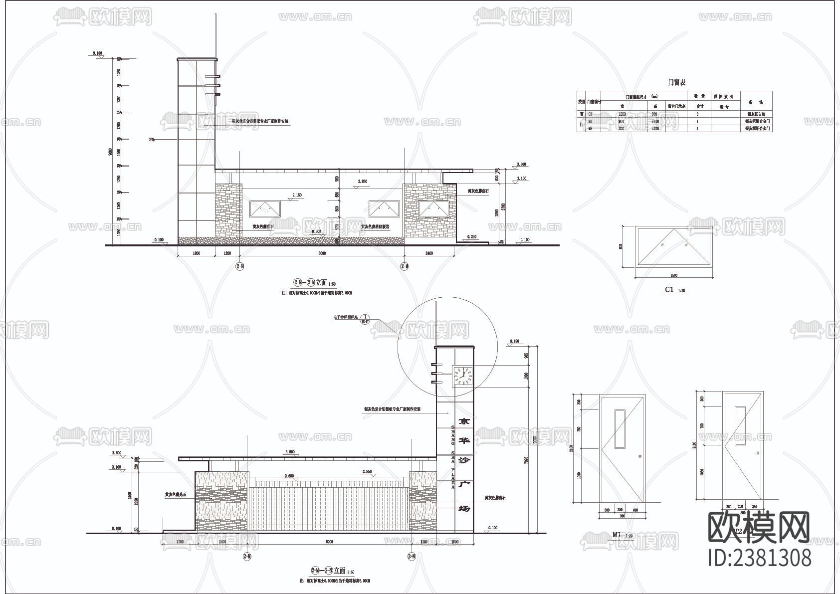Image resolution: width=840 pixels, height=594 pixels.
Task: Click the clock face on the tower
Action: point(462,376)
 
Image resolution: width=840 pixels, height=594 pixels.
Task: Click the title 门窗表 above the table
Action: point(676,82)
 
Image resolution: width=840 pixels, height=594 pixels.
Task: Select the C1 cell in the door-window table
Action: point(590,114)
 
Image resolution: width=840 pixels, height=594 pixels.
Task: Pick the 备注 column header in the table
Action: point(756,102)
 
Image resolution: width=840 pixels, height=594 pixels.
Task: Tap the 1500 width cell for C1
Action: point(622,114)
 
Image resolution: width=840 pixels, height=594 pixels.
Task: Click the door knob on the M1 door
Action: point(640,457)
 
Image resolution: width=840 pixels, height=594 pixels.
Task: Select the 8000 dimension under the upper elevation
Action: point(322,253)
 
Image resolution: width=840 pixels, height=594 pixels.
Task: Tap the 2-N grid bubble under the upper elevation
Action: point(240,267)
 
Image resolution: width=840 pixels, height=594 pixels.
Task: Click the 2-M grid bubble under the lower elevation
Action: point(247,556)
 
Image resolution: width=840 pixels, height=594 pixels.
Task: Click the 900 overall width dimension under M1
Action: point(623,516)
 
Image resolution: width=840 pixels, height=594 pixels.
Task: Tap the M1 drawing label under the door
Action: point(617,535)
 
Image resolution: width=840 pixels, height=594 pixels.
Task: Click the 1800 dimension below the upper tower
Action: point(196,253)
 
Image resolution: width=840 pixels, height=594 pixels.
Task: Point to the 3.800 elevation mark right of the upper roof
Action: point(521,164)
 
